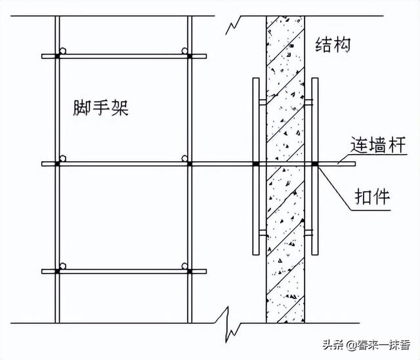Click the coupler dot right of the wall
tap(315, 163)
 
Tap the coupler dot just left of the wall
tap(256, 163)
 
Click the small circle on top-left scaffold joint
tap(62, 51)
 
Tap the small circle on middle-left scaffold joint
tap(62, 159)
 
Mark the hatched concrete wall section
tap(285, 216)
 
